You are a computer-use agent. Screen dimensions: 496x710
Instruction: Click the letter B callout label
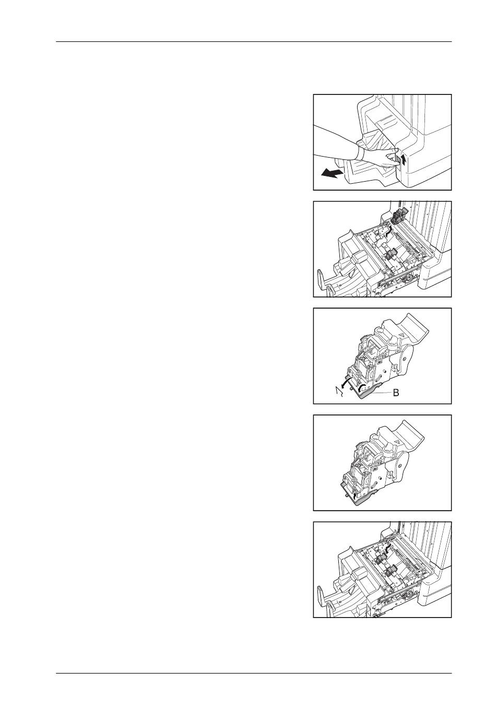pos(396,393)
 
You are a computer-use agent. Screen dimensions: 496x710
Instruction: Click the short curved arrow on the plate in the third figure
pos(361,387)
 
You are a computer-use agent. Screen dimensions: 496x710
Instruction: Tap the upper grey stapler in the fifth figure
pos(380,559)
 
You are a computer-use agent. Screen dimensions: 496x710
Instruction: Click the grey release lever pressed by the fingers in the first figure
pos(396,161)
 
